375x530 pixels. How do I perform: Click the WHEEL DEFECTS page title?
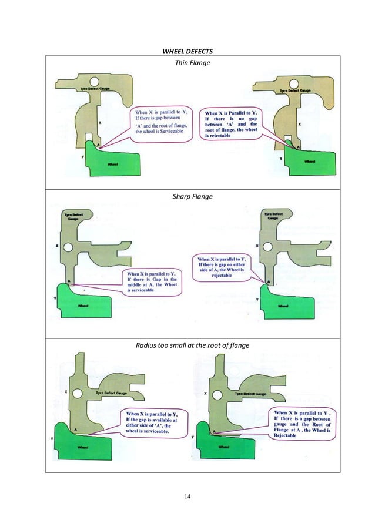click(187, 49)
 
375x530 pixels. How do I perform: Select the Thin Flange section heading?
click(187, 62)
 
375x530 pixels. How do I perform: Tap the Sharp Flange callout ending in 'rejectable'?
click(224, 267)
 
